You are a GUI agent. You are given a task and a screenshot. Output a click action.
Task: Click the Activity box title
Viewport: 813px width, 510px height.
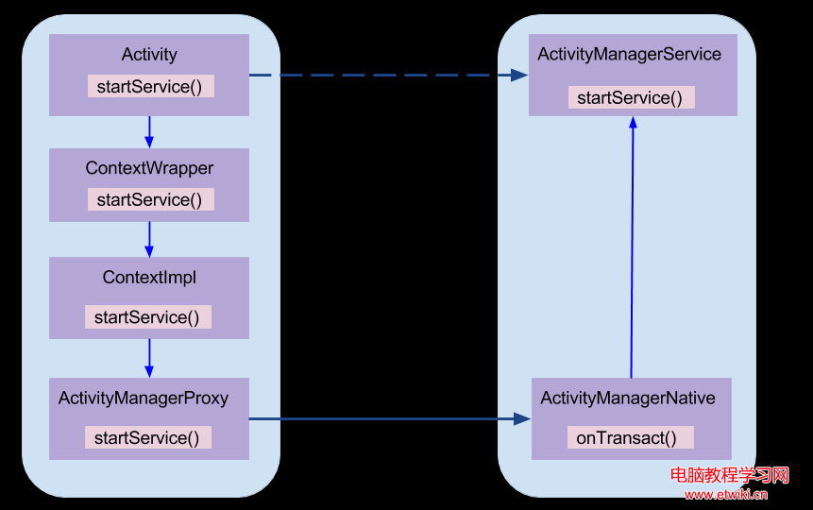tap(149, 55)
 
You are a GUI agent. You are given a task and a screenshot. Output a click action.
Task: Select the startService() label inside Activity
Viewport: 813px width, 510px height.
tap(151, 86)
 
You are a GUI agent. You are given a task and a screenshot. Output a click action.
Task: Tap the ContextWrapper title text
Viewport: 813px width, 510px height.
tap(149, 168)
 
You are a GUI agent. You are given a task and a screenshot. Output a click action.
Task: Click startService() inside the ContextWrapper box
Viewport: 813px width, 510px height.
tap(151, 199)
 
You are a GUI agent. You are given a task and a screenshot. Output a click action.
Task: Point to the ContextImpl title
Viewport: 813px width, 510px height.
tap(149, 278)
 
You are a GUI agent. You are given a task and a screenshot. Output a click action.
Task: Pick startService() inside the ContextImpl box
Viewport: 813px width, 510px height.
tap(147, 317)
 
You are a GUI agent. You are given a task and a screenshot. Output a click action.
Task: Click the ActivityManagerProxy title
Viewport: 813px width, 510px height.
tap(144, 398)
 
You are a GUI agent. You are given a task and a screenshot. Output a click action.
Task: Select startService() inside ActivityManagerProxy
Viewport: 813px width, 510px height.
tap(147, 437)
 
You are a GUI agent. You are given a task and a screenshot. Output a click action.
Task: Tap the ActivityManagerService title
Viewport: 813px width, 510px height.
tap(629, 54)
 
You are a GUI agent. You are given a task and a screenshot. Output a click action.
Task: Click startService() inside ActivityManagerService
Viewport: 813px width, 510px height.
tap(631, 97)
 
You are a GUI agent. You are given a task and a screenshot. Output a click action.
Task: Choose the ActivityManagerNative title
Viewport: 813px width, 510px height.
tap(628, 398)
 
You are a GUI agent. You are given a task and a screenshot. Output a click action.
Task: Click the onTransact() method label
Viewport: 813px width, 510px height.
tap(629, 437)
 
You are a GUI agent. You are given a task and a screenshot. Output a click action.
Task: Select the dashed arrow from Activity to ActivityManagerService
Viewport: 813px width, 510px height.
tap(387, 75)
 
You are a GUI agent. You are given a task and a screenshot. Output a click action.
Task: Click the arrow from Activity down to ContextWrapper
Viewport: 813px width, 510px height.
tap(149, 131)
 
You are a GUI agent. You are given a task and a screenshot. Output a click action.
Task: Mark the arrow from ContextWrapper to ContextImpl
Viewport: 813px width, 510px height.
tap(149, 239)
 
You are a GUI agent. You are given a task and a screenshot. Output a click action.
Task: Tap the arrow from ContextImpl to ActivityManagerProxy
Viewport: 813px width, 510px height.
tap(149, 358)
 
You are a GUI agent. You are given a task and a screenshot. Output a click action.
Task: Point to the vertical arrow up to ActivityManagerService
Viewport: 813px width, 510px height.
tap(632, 246)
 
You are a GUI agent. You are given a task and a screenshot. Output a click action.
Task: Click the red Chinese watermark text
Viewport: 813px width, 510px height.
tap(729, 475)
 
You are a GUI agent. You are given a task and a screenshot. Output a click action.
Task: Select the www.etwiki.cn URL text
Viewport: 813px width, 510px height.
tap(726, 494)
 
